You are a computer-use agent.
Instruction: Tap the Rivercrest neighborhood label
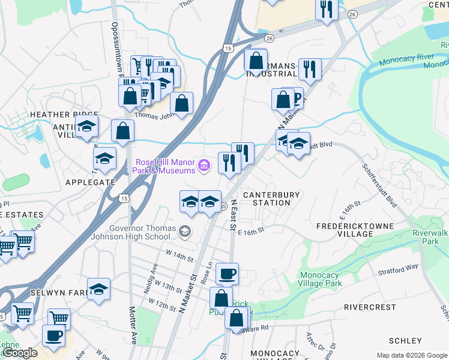370,307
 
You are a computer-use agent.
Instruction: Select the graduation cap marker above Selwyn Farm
98,289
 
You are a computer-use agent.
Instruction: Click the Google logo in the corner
20,353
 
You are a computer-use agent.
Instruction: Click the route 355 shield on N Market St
223,206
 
